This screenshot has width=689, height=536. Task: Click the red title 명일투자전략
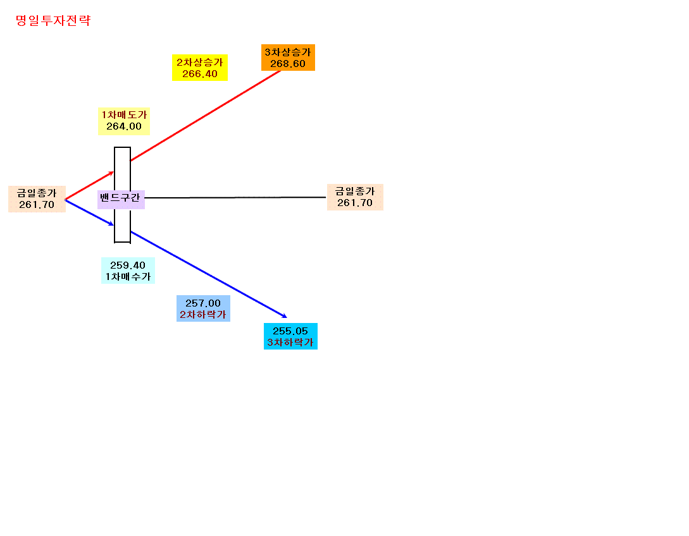(53, 21)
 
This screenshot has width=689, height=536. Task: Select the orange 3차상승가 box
(288, 58)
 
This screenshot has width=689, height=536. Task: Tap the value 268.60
(288, 64)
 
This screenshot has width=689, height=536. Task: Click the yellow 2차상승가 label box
(200, 68)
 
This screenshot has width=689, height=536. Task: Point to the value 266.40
(200, 74)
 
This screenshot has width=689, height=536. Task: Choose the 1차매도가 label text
(125, 114)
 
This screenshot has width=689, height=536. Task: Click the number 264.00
(124, 126)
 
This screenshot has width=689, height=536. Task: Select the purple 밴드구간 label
(121, 198)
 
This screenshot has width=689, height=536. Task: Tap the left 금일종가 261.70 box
(37, 199)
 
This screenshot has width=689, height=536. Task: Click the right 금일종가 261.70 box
(355, 197)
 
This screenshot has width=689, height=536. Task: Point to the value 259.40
(128, 265)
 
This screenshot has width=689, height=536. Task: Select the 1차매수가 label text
(128, 277)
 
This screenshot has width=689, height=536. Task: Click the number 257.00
(203, 303)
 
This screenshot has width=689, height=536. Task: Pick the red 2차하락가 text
(203, 314)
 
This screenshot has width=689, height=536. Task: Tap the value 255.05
(290, 331)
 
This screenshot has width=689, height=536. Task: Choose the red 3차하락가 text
(290, 343)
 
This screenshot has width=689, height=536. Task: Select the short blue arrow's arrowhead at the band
(112, 224)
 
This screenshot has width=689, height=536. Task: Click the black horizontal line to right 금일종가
(235, 198)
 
